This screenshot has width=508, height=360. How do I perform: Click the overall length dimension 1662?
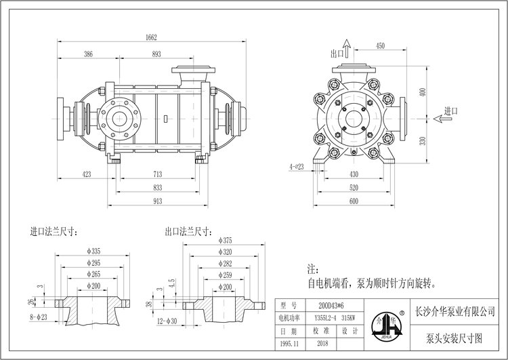tap(152, 38)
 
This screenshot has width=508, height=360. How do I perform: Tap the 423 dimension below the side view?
tap(86, 174)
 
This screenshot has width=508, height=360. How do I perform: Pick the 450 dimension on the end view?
tap(380, 46)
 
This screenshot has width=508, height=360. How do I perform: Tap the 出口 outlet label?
tap(335, 53)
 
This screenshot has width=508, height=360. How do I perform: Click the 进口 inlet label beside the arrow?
tap(451, 111)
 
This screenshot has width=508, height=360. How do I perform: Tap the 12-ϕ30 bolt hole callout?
tap(167, 320)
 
